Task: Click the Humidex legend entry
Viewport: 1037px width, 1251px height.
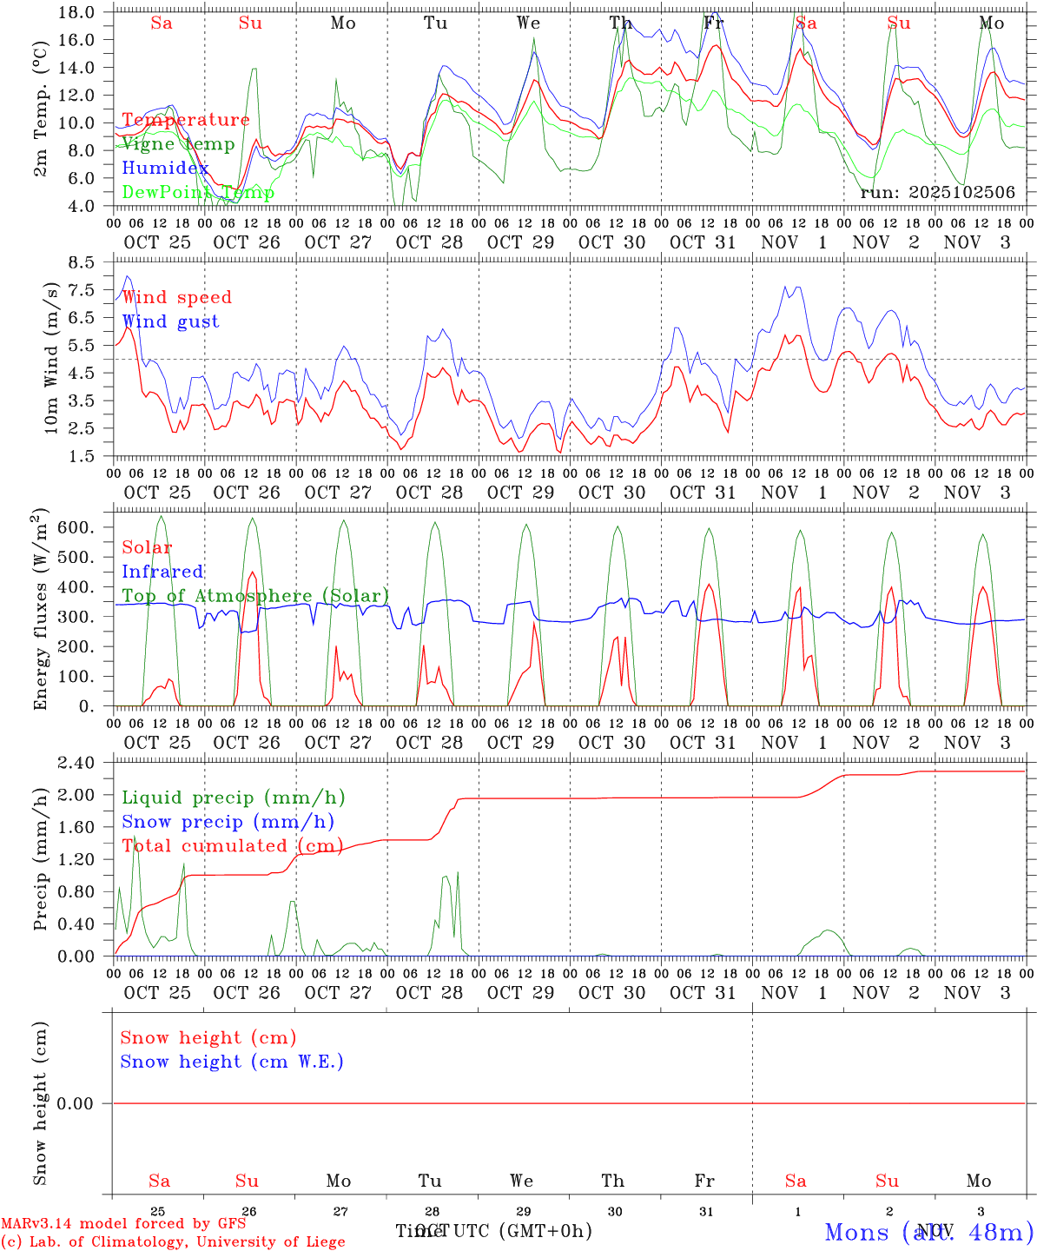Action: (x=165, y=169)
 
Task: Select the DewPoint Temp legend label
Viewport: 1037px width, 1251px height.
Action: (x=198, y=193)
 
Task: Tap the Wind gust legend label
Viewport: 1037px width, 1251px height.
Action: (x=170, y=321)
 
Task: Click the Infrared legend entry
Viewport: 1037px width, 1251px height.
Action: (x=162, y=572)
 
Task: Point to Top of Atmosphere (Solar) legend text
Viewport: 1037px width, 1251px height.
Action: (x=255, y=596)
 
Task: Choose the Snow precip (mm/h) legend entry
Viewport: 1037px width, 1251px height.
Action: (x=228, y=822)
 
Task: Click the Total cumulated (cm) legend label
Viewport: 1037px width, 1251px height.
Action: (x=232, y=845)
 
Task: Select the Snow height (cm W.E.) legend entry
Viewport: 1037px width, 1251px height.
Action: (x=232, y=1062)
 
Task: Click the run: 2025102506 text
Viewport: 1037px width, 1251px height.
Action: (x=937, y=193)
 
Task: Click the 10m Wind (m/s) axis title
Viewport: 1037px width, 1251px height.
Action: (x=51, y=358)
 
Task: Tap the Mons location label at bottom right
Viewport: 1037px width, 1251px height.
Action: (x=928, y=1232)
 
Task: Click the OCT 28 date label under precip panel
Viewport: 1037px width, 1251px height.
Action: (x=429, y=993)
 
